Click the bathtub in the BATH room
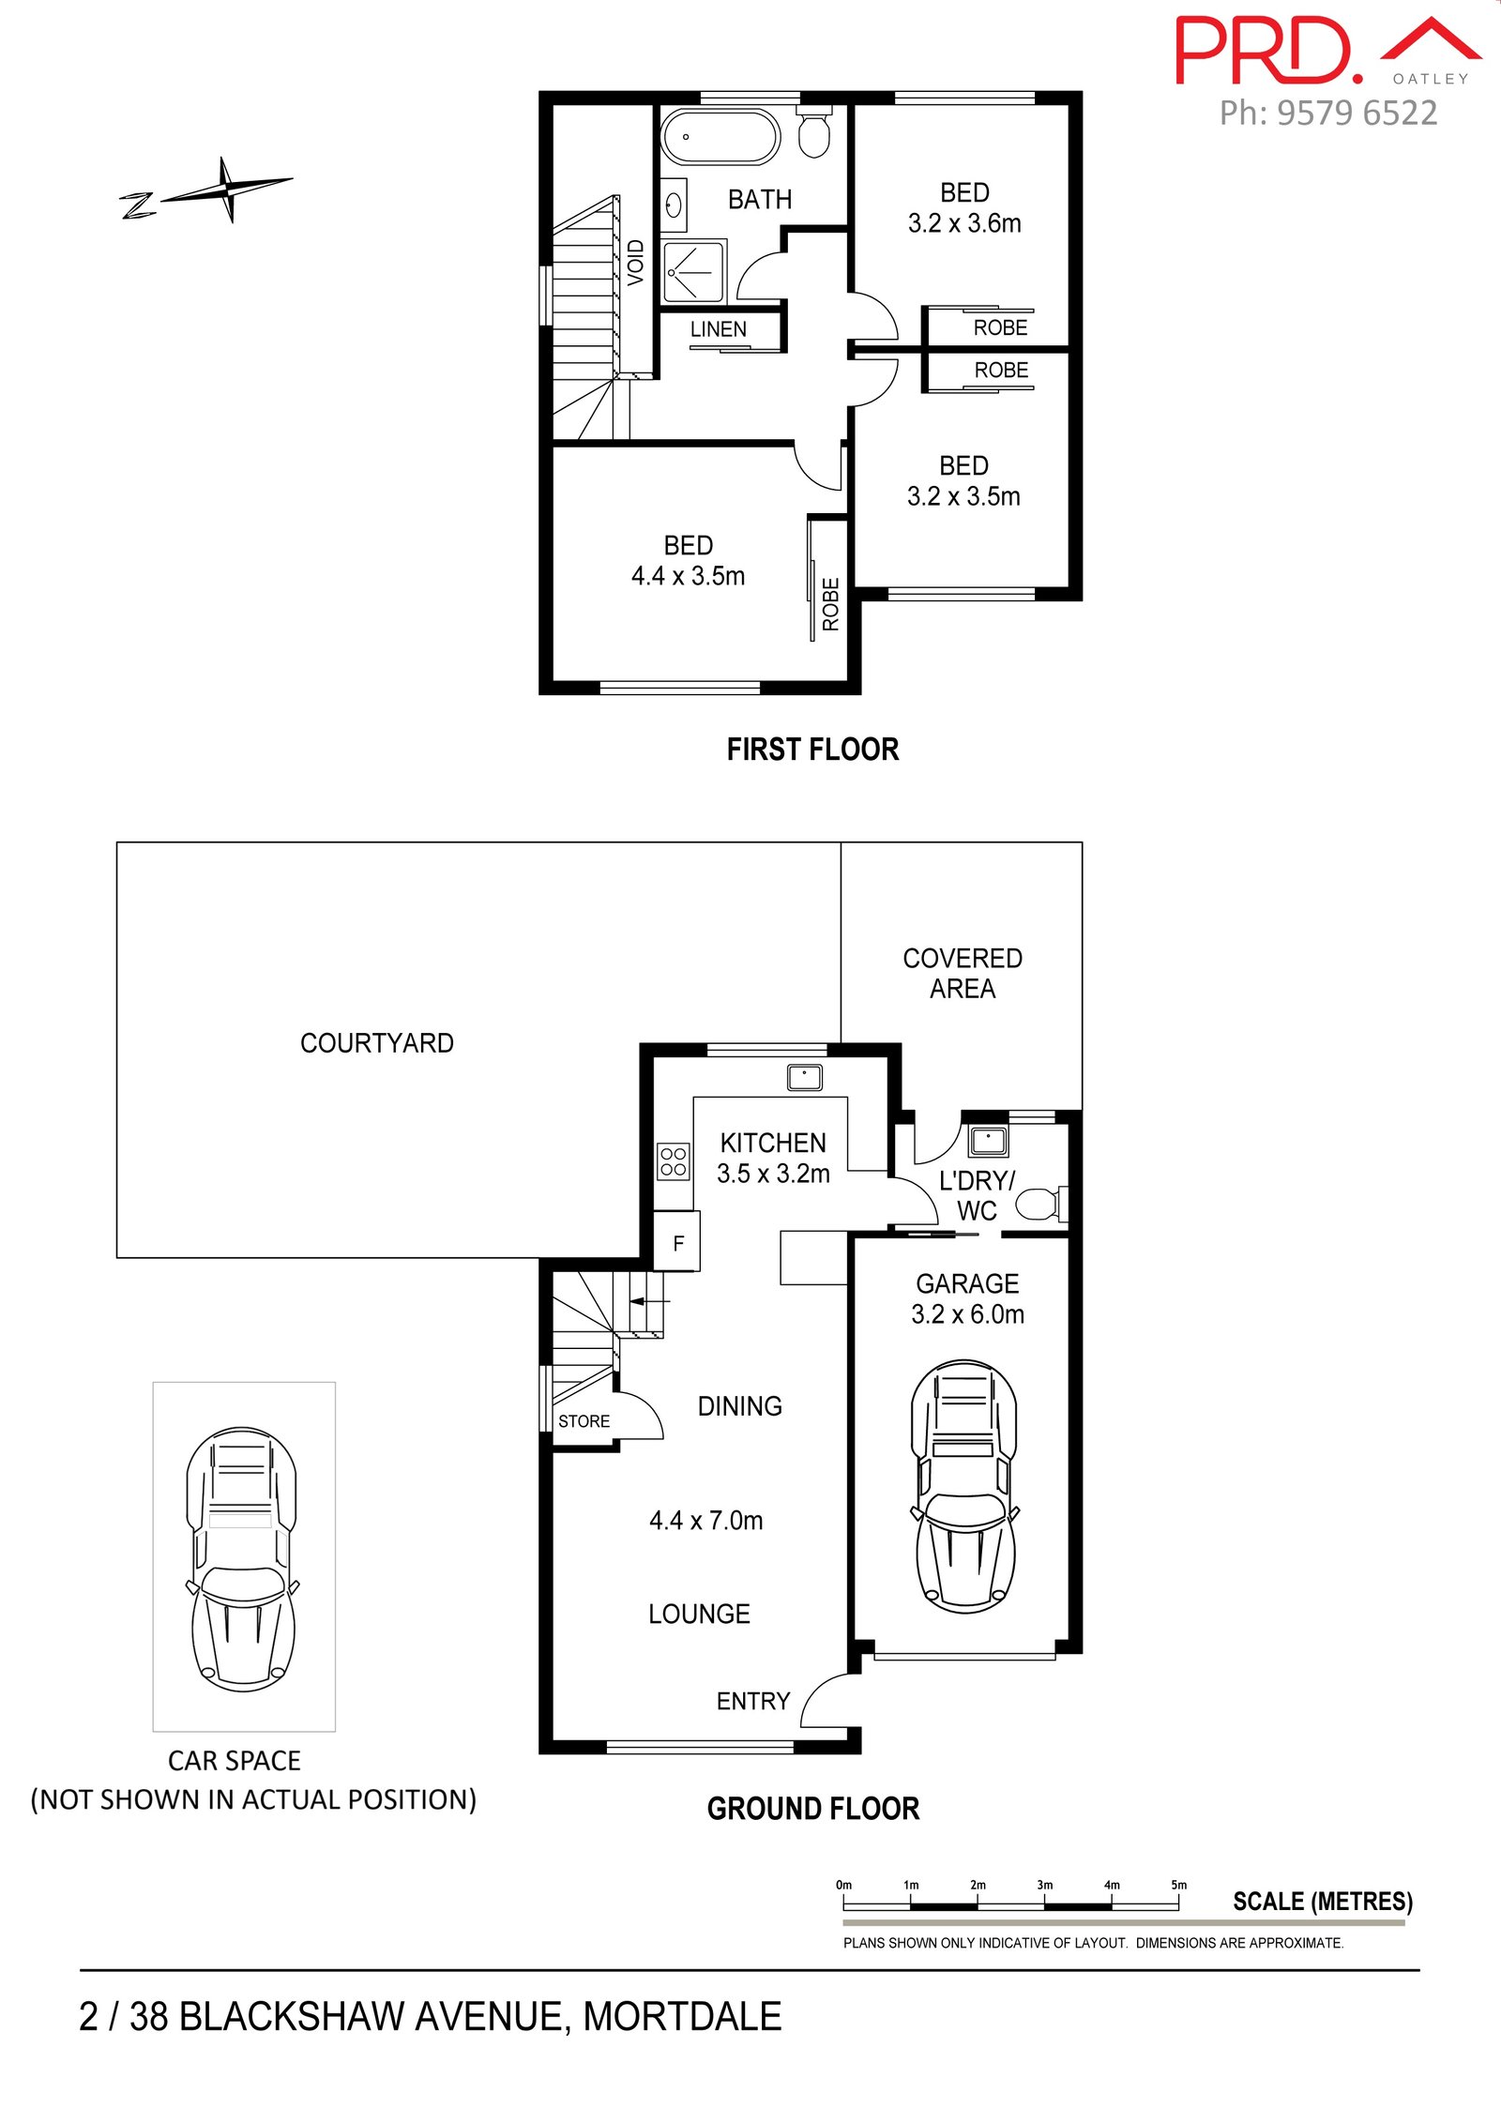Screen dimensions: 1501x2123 [x=720, y=137]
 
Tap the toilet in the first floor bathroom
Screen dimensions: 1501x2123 [x=814, y=132]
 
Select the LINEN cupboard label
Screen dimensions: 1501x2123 [x=719, y=329]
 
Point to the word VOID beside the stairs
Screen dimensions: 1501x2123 [x=636, y=262]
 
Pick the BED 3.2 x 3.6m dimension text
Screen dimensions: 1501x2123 [x=964, y=223]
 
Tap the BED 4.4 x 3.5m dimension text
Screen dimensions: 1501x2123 [x=689, y=576]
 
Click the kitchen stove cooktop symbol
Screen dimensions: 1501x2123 [x=674, y=1160]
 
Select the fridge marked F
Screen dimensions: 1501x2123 [x=678, y=1242]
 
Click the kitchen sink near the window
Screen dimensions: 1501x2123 [x=805, y=1076]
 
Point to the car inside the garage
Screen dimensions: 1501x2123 [x=963, y=1486]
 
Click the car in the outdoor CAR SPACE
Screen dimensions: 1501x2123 [x=243, y=1559]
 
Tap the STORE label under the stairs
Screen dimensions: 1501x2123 [x=584, y=1421]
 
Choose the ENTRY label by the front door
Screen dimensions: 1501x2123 [x=753, y=1701]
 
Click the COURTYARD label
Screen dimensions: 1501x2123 [x=377, y=1043]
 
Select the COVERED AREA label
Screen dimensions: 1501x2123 [x=963, y=973]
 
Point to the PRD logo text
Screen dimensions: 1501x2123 [x=1268, y=51]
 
